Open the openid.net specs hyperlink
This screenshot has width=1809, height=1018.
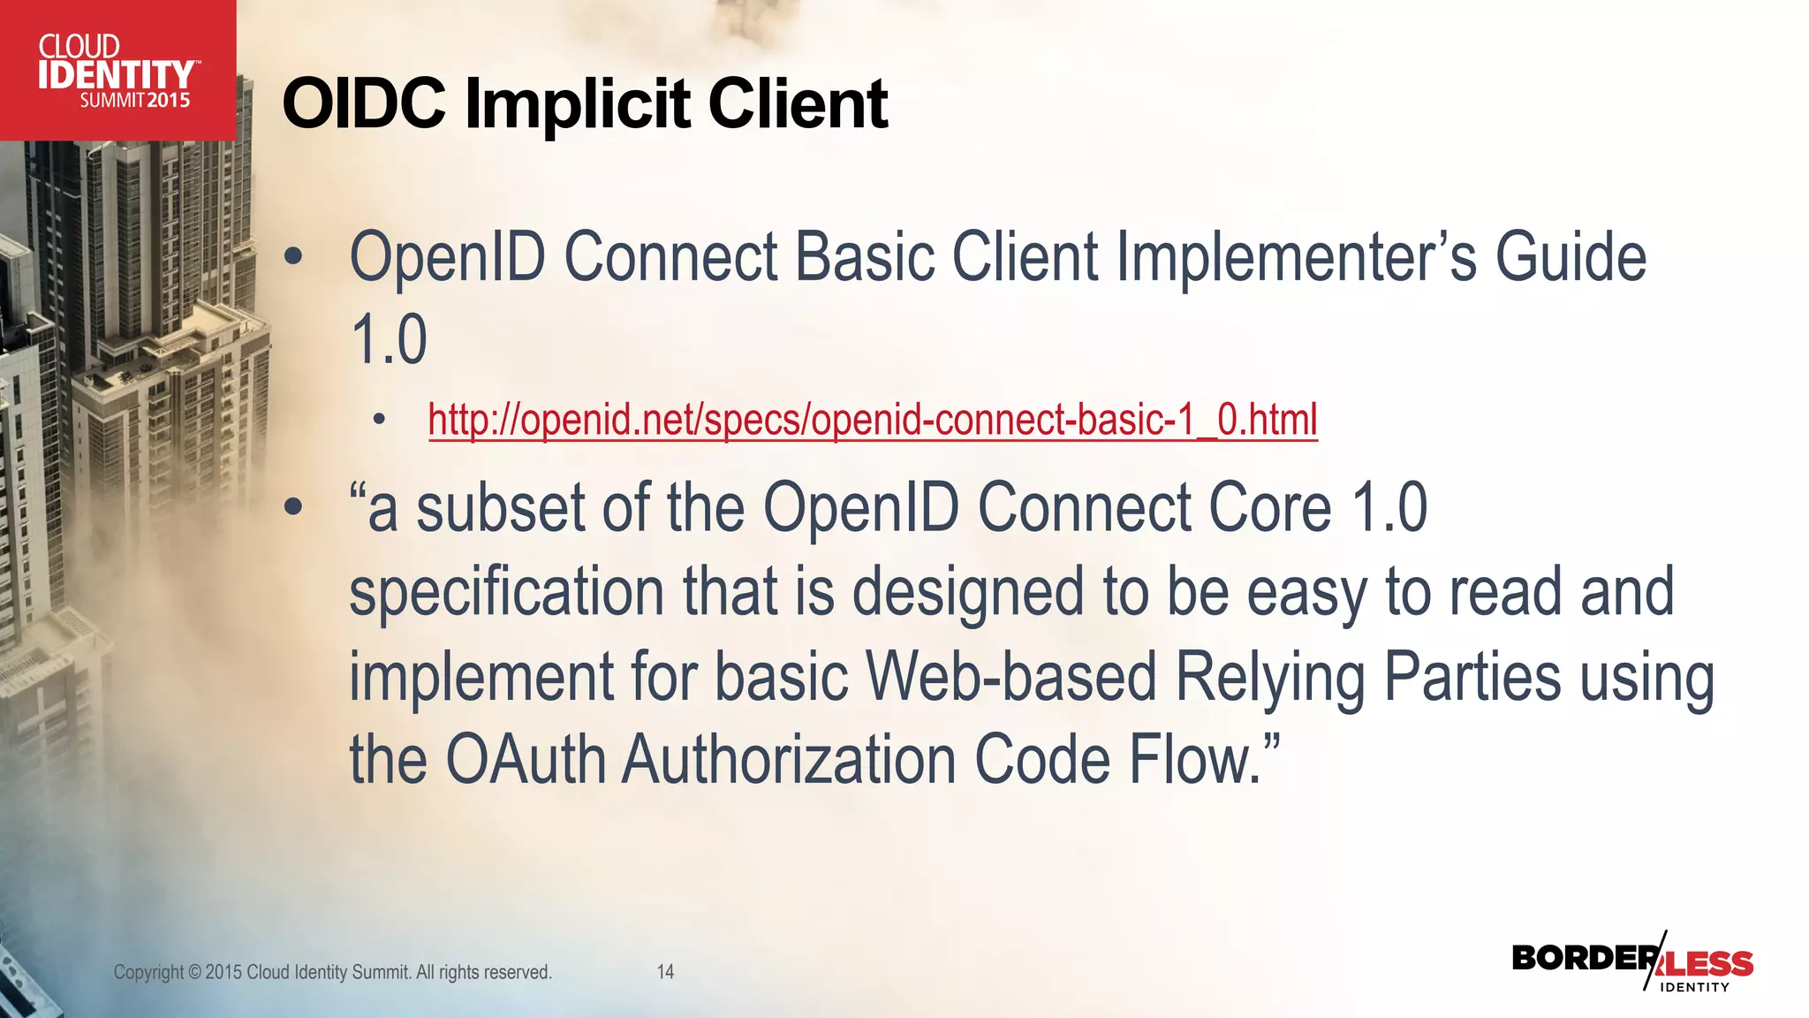pyautogui.click(x=873, y=419)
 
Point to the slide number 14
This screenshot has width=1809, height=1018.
pyautogui.click(x=665, y=972)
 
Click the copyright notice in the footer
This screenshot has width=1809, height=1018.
pyautogui.click(x=332, y=972)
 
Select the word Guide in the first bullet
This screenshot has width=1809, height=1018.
pyautogui.click(x=1571, y=257)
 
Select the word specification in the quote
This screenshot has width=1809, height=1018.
pyautogui.click(x=506, y=592)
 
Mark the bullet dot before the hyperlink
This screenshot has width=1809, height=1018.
pyautogui.click(x=380, y=420)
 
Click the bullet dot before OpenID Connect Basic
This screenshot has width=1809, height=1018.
pyautogui.click(x=293, y=258)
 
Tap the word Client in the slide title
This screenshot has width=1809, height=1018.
pyautogui.click(x=798, y=104)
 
